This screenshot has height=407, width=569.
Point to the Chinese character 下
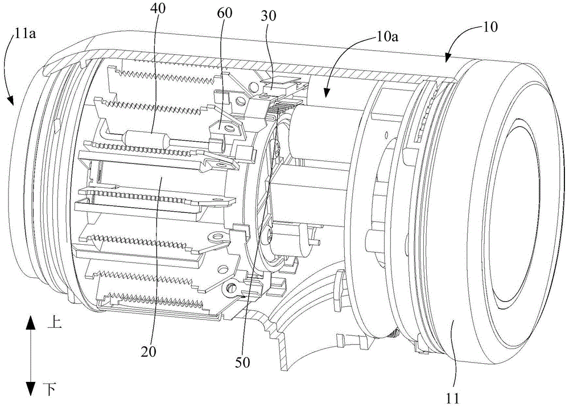(x=50, y=389)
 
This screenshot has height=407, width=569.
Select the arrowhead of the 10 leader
(x=448, y=58)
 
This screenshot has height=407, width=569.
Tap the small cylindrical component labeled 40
(x=142, y=138)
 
